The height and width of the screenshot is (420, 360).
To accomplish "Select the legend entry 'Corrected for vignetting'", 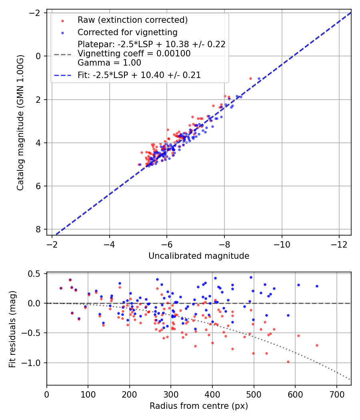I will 128,32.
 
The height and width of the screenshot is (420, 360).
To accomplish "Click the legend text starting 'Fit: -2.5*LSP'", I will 139,75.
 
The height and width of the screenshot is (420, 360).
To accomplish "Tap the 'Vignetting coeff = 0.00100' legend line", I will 134,54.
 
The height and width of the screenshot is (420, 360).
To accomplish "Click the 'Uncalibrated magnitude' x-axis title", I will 199,256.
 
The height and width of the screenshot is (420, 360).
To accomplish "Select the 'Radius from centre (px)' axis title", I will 199,406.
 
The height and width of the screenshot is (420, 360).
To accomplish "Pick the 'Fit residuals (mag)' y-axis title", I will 12,329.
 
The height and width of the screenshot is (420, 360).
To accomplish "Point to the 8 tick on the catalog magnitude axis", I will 39,229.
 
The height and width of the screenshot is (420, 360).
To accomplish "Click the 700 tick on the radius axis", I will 336,394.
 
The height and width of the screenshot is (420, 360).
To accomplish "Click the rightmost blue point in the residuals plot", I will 317,286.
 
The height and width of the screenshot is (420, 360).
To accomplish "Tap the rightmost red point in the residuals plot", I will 317,345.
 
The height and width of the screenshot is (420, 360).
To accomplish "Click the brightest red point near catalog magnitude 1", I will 250,78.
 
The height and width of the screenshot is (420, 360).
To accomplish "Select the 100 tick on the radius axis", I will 88,394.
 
